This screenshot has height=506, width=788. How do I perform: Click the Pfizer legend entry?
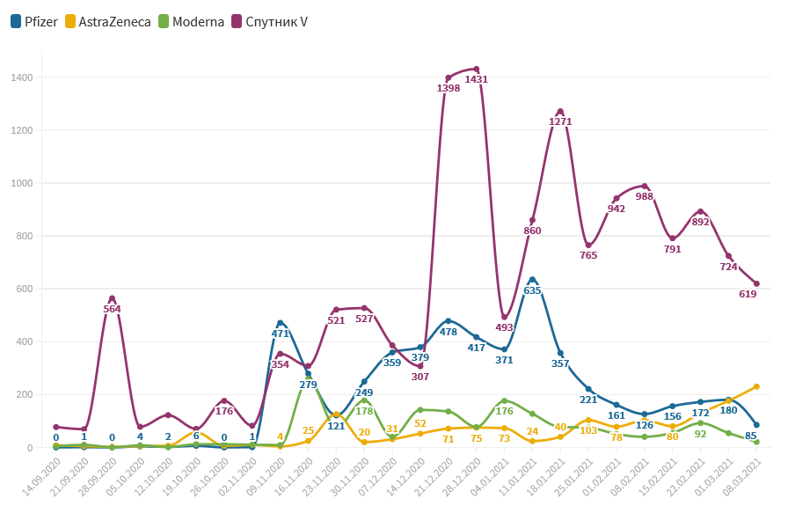tap(34, 21)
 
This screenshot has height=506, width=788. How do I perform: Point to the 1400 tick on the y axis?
tap(22, 77)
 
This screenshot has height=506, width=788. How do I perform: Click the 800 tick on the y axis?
tap(25, 236)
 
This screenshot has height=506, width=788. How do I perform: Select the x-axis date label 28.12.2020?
tap(463, 476)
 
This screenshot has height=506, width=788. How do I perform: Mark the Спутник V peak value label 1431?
tap(475, 79)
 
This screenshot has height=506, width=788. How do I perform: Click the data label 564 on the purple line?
tap(112, 309)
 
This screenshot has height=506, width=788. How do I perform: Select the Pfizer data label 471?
tap(280, 334)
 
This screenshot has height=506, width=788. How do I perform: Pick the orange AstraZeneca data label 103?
tap(588, 430)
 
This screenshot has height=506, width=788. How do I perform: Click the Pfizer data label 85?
tap(750, 435)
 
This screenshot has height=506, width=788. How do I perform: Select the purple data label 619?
tap(748, 294)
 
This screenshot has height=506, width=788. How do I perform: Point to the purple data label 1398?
tap(448, 88)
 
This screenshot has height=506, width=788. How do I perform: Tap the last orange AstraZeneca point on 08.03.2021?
tap(756, 386)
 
